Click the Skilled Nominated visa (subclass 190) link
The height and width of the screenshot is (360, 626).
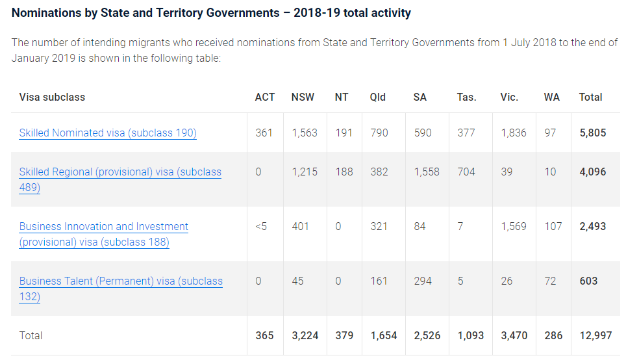point(108,133)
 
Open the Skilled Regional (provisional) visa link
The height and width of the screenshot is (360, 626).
point(120,172)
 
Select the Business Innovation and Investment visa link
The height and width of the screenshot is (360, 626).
point(104,227)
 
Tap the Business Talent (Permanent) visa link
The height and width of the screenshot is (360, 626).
point(121,281)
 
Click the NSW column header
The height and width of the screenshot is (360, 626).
point(303,97)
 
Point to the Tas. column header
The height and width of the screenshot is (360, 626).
point(466,97)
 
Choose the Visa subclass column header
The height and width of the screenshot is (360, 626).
point(52,97)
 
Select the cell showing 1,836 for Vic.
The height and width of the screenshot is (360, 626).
point(514,133)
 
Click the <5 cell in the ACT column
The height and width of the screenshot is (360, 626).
point(261,227)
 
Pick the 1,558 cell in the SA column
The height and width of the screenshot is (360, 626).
point(427,172)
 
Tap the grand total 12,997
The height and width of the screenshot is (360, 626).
point(595,336)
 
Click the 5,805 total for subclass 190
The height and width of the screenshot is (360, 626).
point(592,133)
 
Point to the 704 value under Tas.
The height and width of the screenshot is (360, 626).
point(466,172)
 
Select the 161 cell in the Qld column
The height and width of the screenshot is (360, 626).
point(379,281)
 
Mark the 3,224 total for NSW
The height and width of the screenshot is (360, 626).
point(305,336)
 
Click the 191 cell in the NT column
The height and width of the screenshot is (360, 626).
point(344,133)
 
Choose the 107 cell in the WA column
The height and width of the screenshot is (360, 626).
point(553,227)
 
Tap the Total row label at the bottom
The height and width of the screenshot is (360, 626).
point(31,336)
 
